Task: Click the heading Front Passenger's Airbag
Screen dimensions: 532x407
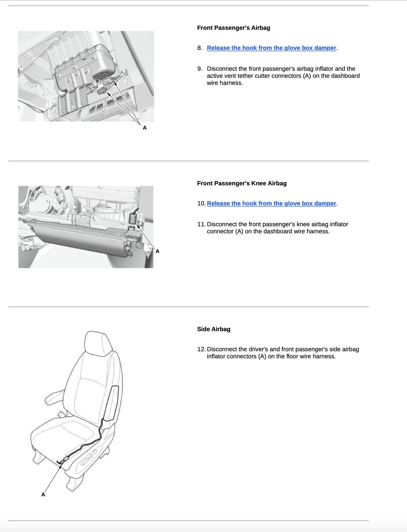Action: pos(233,28)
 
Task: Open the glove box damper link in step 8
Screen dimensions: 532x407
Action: pos(271,48)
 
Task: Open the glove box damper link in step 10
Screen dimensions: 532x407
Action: pos(271,203)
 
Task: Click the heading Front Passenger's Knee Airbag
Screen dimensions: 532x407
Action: pos(241,183)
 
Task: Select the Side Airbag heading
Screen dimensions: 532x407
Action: pos(214,329)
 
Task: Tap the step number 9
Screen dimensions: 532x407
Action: pos(200,69)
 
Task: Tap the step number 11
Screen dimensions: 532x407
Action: pos(201,224)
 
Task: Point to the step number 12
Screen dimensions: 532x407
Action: pos(201,349)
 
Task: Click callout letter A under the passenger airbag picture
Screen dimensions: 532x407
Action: pos(145,128)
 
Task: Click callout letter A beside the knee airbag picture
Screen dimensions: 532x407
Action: pos(157,251)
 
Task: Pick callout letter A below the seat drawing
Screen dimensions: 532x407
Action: pos(43,495)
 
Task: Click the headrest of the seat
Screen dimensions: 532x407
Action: pos(98,342)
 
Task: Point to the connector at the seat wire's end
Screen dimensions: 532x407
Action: pos(64,461)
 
